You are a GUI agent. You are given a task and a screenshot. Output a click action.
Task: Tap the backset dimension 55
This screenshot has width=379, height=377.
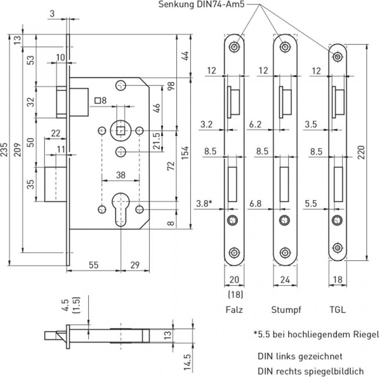pyautogui.click(x=94, y=265)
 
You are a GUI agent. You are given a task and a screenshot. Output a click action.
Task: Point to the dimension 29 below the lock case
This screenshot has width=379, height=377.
pyautogui.click(x=135, y=265)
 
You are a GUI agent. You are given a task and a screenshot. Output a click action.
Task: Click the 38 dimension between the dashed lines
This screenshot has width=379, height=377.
pyautogui.click(x=121, y=175)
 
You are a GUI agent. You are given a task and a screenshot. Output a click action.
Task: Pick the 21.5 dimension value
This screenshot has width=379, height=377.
pyautogui.click(x=157, y=141)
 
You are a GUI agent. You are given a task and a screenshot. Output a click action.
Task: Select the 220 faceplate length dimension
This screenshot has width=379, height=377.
pyautogui.click(x=361, y=152)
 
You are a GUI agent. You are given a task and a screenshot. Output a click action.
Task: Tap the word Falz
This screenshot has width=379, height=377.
pyautogui.click(x=234, y=309)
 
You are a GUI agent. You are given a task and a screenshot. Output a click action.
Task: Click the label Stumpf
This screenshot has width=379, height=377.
pyautogui.click(x=286, y=309)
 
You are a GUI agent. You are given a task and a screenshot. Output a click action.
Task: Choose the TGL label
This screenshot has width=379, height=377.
pyautogui.click(x=337, y=309)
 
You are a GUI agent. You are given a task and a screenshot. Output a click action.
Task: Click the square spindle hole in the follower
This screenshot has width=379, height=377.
pyautogui.click(x=120, y=130)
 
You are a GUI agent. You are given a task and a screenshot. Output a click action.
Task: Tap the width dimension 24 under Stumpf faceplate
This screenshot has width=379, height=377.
pyautogui.click(x=285, y=280)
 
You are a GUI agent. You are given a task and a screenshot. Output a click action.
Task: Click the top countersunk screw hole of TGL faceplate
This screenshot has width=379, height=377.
pyautogui.click(x=338, y=56)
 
